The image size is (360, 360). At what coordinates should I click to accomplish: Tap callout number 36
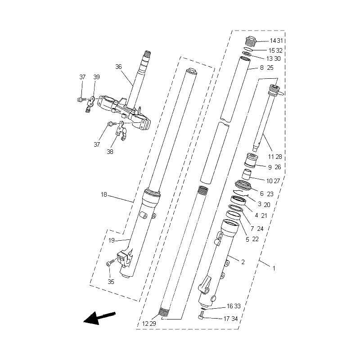(118, 67)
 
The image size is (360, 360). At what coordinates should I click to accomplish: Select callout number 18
(104, 195)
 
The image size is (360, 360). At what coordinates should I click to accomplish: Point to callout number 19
(111, 241)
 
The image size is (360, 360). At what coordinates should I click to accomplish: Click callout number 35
(111, 282)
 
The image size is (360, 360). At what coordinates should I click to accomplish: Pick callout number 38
(110, 152)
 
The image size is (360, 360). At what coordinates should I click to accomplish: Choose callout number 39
(97, 77)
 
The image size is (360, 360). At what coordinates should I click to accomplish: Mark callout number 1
(273, 268)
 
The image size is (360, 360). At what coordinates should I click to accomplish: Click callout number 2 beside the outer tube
(243, 261)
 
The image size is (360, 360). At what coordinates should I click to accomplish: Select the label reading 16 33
(234, 306)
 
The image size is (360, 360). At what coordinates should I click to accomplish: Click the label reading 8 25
(266, 68)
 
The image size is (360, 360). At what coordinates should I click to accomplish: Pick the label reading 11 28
(274, 157)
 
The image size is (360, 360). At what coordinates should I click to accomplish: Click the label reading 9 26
(274, 167)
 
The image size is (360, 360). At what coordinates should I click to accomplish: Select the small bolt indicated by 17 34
(202, 318)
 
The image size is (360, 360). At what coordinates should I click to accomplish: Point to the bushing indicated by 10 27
(247, 174)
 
